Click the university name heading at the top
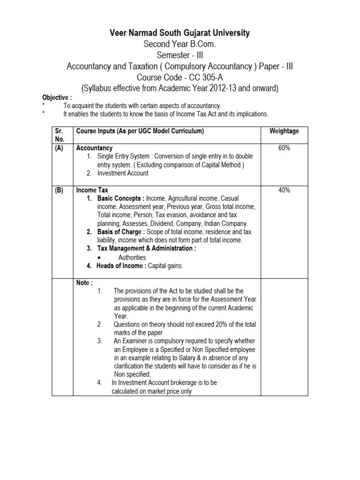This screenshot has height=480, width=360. (x=180, y=33)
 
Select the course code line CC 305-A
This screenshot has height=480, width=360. (x=180, y=77)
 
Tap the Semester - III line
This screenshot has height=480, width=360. (x=180, y=55)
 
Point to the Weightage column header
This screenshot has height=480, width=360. (x=284, y=131)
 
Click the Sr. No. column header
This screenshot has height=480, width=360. (x=58, y=135)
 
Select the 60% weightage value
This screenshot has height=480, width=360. (x=284, y=148)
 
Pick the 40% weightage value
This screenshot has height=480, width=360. (x=284, y=190)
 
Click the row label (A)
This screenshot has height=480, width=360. (x=59, y=148)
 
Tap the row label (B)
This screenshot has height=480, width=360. (x=59, y=190)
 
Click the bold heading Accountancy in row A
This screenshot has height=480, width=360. (x=94, y=148)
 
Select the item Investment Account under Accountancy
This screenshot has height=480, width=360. (x=122, y=173)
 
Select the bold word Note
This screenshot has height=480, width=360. (x=84, y=283)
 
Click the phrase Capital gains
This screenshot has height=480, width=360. (x=165, y=266)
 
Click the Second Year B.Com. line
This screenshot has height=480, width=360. (x=180, y=45)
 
